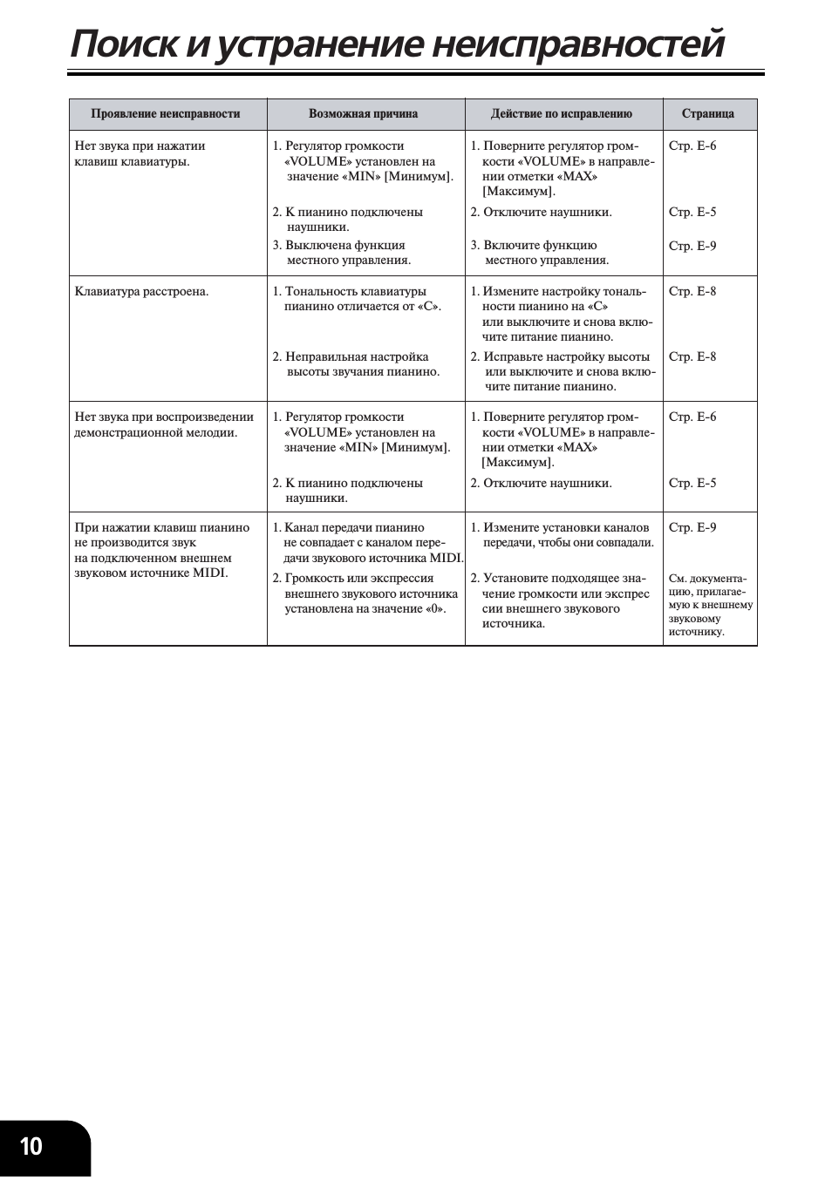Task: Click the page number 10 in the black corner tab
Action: pos(31,1145)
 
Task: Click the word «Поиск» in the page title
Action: pos(124,44)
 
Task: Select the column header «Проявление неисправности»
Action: pos(165,114)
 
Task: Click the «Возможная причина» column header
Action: pos(363,114)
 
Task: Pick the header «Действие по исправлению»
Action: pos(561,114)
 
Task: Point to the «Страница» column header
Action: pos(707,114)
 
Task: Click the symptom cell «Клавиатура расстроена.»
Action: pos(141,292)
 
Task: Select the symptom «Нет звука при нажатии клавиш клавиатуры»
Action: pos(140,153)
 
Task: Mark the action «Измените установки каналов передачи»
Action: pos(563,535)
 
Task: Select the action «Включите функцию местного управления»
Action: pos(541,253)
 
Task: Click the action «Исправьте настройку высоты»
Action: pos(563,371)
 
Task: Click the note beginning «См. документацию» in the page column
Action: pos(710,605)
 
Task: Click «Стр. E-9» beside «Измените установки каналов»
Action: pos(692,528)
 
